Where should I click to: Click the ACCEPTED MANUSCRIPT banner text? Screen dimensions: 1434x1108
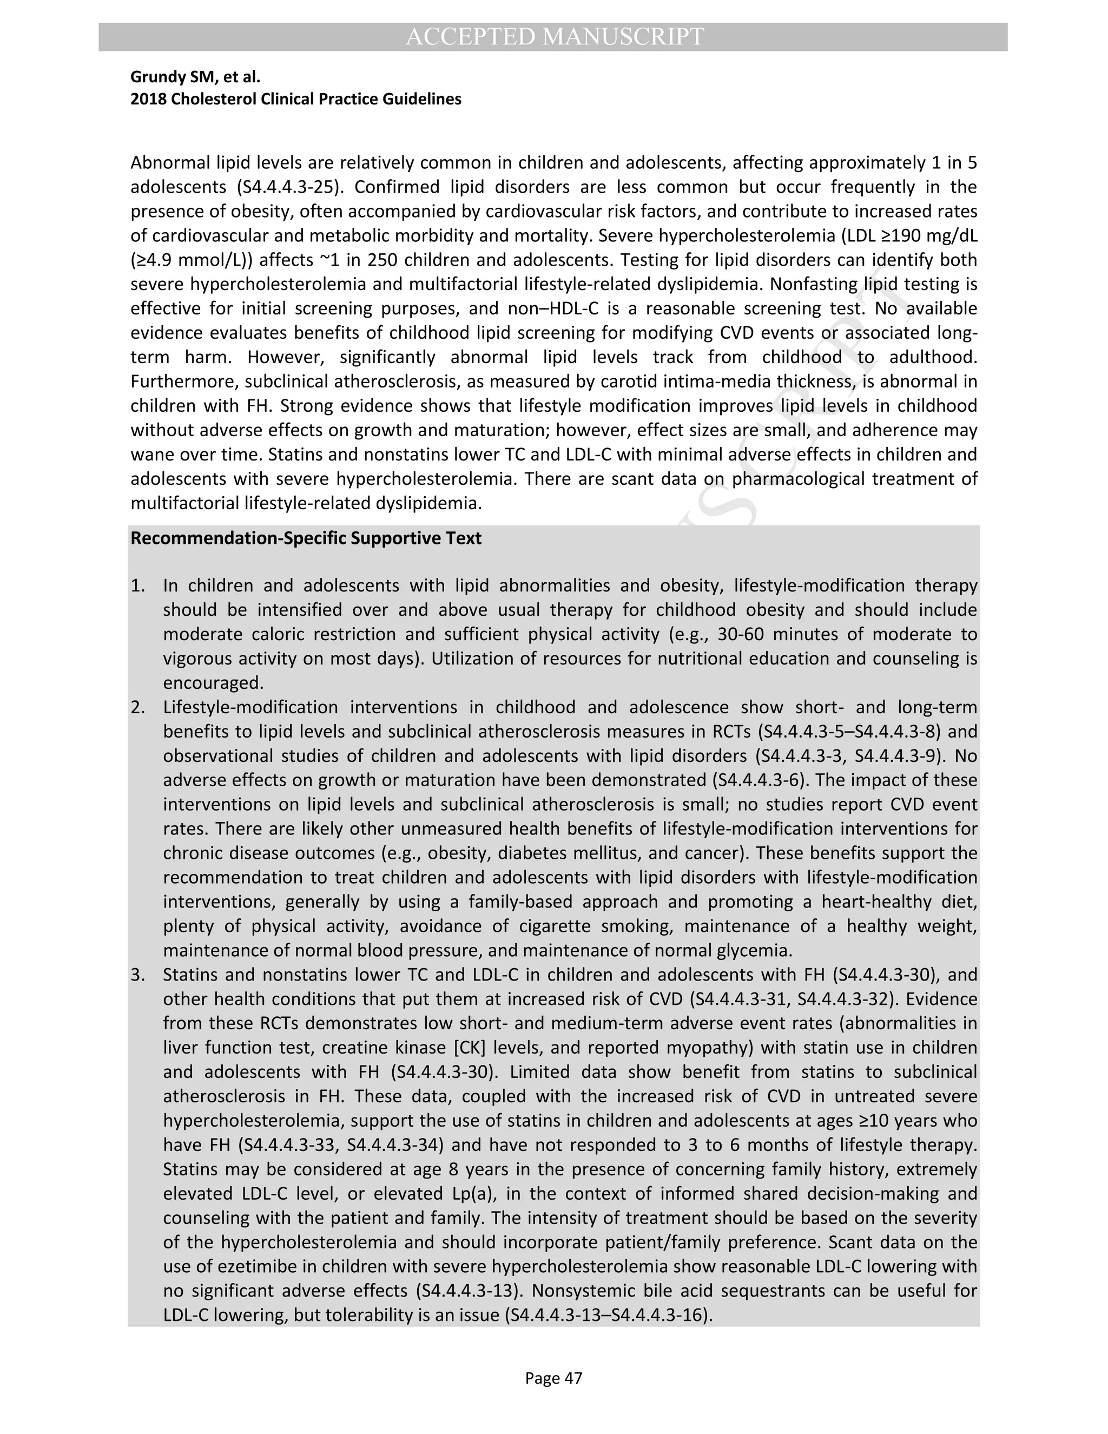[x=555, y=37]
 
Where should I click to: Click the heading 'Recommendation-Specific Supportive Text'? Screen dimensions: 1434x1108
[x=306, y=538]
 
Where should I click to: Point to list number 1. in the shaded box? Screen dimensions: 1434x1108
[x=137, y=586]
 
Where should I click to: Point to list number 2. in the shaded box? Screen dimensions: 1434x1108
[x=137, y=707]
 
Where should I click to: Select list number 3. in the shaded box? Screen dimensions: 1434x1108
[x=137, y=975]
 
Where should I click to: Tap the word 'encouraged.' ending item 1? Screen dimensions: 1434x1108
[x=213, y=683]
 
